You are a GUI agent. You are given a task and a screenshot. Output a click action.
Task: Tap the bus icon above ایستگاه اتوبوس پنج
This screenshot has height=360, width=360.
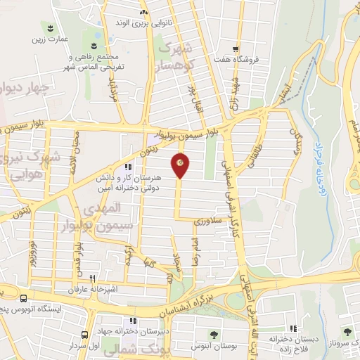[x=24, y=298]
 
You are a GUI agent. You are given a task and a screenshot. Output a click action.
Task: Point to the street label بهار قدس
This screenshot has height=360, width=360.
[x=79, y=259]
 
